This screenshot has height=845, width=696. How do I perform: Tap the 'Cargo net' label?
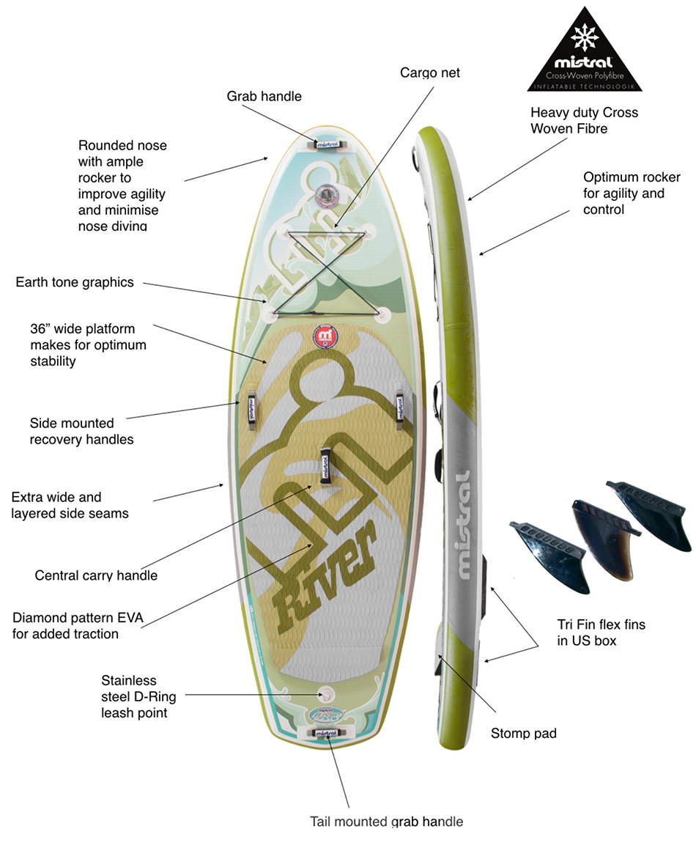(x=430, y=73)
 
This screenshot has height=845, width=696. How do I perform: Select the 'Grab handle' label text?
(x=264, y=96)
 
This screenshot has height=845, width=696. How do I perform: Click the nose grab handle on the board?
(x=327, y=144)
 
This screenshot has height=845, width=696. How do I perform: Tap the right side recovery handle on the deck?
(x=401, y=407)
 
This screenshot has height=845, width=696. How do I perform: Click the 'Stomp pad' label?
(x=523, y=733)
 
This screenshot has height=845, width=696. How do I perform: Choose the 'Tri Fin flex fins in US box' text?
(x=601, y=633)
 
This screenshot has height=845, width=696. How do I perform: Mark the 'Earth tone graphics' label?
(x=75, y=282)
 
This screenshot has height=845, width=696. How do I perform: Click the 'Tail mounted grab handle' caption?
(x=387, y=821)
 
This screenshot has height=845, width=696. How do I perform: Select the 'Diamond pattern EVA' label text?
(x=78, y=625)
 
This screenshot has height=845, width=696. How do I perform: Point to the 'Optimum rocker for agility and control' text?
(x=632, y=193)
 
